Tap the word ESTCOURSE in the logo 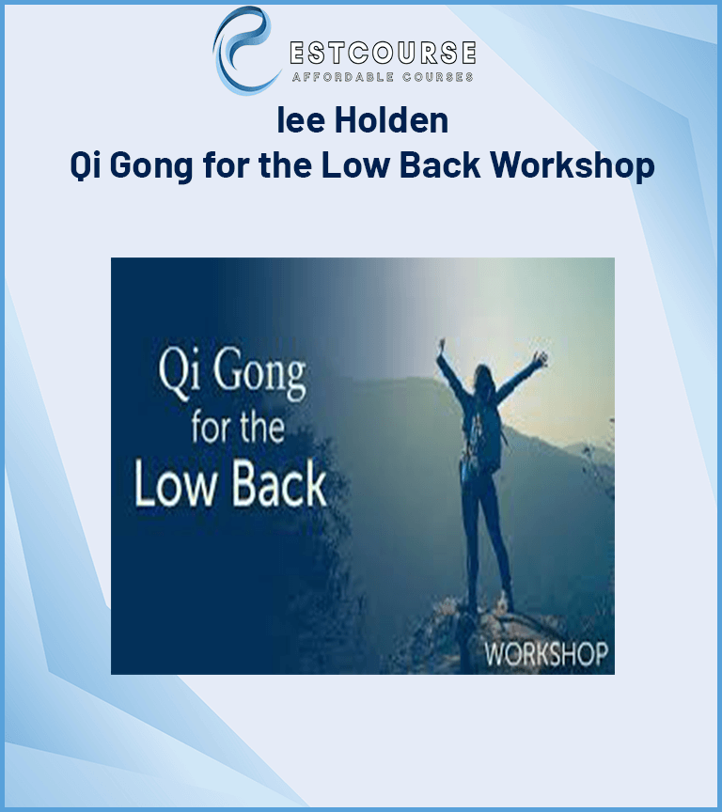coord(384,53)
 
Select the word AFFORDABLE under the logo coord(343,77)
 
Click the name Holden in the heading coord(392,120)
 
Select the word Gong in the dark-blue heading coord(151,165)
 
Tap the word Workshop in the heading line coord(573,165)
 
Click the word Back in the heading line coord(440,165)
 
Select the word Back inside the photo coord(279,485)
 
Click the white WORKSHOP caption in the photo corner coord(546,654)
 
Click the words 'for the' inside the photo coord(238,428)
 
